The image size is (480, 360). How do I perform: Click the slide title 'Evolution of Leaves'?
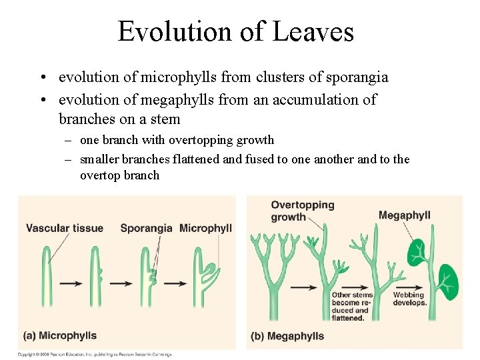click(x=235, y=31)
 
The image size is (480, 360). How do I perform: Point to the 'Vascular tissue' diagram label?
click(x=65, y=228)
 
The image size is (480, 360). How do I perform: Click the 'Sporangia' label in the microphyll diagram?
click(x=146, y=228)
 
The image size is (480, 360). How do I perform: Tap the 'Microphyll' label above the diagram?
click(x=205, y=228)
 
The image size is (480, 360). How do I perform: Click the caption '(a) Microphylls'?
click(x=60, y=335)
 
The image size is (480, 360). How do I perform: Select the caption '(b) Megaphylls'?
click(x=287, y=336)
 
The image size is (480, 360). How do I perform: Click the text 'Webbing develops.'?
click(x=409, y=299)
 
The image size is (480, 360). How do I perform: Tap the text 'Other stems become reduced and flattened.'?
click(x=352, y=306)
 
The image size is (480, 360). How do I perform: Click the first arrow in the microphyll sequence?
click(x=71, y=283)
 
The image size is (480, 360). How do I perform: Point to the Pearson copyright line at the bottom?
click(x=95, y=355)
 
